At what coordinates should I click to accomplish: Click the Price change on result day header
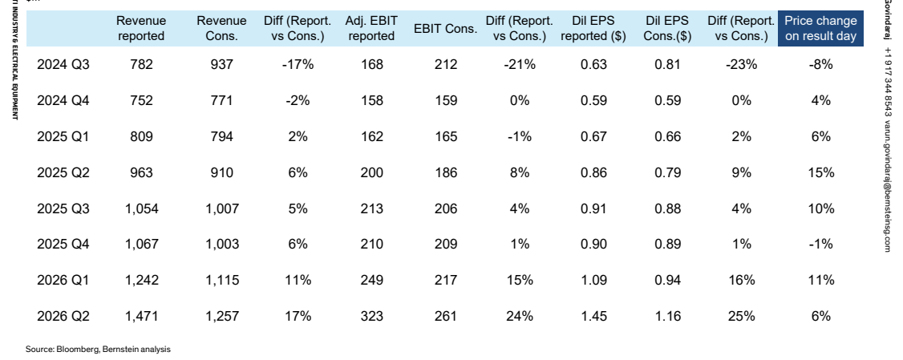tap(820, 29)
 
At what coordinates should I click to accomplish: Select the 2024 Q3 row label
tap(63, 64)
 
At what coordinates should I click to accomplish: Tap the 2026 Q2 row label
tap(63, 316)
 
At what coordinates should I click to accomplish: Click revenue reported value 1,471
tap(141, 316)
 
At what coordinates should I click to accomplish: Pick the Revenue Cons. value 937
tap(221, 64)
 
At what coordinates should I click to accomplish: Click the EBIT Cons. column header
tap(445, 29)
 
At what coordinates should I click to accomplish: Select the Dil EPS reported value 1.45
tap(593, 316)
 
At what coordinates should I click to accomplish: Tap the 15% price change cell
tap(820, 172)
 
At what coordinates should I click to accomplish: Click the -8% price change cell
tap(820, 64)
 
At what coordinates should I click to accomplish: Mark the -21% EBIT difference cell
tap(520, 64)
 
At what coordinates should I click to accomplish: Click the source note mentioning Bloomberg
tap(98, 349)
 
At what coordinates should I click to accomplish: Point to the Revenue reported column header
tap(141, 29)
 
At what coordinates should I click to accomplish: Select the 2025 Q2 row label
tap(63, 172)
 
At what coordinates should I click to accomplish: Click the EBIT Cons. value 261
tap(446, 316)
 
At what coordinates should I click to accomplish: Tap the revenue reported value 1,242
tap(141, 281)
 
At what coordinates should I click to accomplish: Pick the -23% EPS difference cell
tap(741, 64)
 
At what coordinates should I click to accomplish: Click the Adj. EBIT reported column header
tap(371, 29)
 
